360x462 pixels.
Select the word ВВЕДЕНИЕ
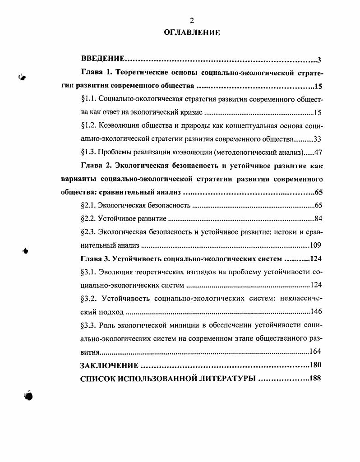click(x=102, y=59)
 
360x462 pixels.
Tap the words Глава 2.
click(x=96, y=166)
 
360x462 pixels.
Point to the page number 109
click(x=315, y=246)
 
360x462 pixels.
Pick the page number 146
click(x=315, y=312)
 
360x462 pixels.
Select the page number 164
click(x=315, y=351)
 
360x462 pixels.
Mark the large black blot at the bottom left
click(x=28, y=395)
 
